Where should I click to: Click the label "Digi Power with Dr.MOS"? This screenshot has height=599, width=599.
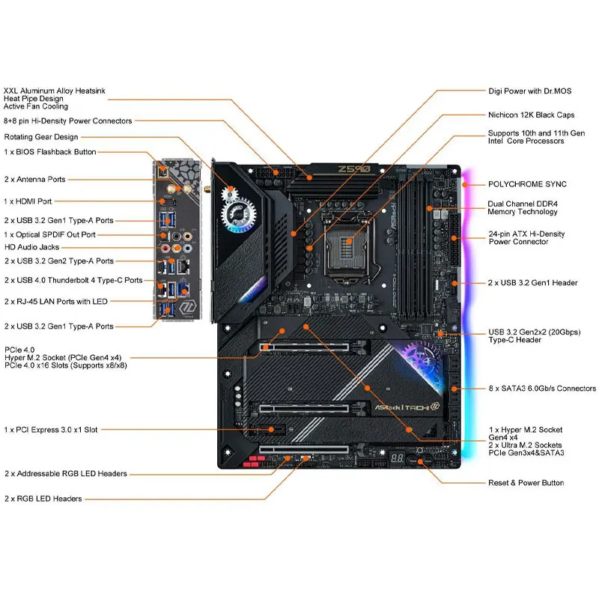529,91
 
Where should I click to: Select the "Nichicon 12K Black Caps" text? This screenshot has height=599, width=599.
531,115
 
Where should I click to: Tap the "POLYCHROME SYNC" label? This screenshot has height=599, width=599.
527,183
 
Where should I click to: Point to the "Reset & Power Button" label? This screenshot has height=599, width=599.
526,483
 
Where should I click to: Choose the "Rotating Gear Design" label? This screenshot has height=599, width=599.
41,137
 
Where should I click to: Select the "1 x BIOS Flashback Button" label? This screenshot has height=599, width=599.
50,152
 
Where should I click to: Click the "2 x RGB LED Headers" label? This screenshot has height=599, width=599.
43,499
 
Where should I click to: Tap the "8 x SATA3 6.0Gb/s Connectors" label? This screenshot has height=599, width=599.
542,389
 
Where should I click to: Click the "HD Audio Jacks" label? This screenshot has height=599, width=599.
31,247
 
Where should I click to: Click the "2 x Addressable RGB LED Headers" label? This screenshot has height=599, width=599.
65,474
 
